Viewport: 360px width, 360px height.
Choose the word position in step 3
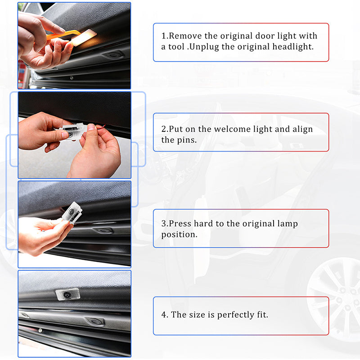[x=179, y=234]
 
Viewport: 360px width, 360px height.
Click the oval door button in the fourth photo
[x=95, y=321]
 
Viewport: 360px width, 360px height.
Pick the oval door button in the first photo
[x=113, y=55]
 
